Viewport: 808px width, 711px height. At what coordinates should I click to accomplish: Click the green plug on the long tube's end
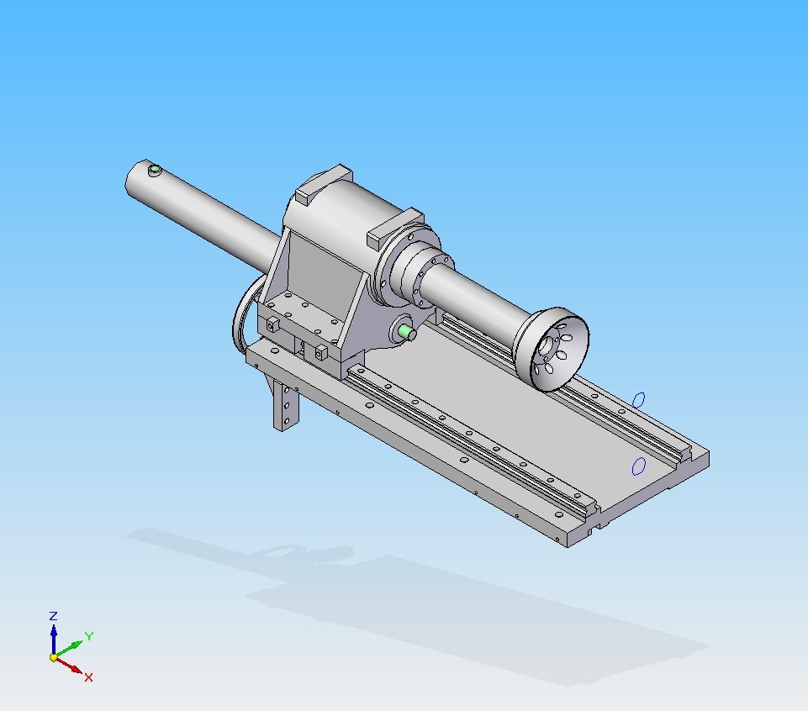(154, 171)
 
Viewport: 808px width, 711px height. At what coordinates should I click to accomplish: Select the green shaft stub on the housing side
(409, 332)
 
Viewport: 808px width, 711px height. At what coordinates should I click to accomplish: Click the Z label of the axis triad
(53, 616)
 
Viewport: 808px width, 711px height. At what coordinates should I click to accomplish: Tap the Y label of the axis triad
(88, 636)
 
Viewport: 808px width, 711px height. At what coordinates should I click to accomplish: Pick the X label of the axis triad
(88, 677)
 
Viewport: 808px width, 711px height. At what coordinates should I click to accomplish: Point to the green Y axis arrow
(71, 647)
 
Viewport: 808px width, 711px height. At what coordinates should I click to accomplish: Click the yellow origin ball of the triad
(53, 657)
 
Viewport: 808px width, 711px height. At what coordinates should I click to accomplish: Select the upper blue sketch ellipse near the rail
(639, 398)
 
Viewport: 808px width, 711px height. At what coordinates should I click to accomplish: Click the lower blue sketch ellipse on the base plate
(638, 465)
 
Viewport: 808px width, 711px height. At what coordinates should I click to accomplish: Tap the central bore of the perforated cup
(551, 345)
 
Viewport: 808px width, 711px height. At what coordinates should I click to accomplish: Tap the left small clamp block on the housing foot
(272, 324)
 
